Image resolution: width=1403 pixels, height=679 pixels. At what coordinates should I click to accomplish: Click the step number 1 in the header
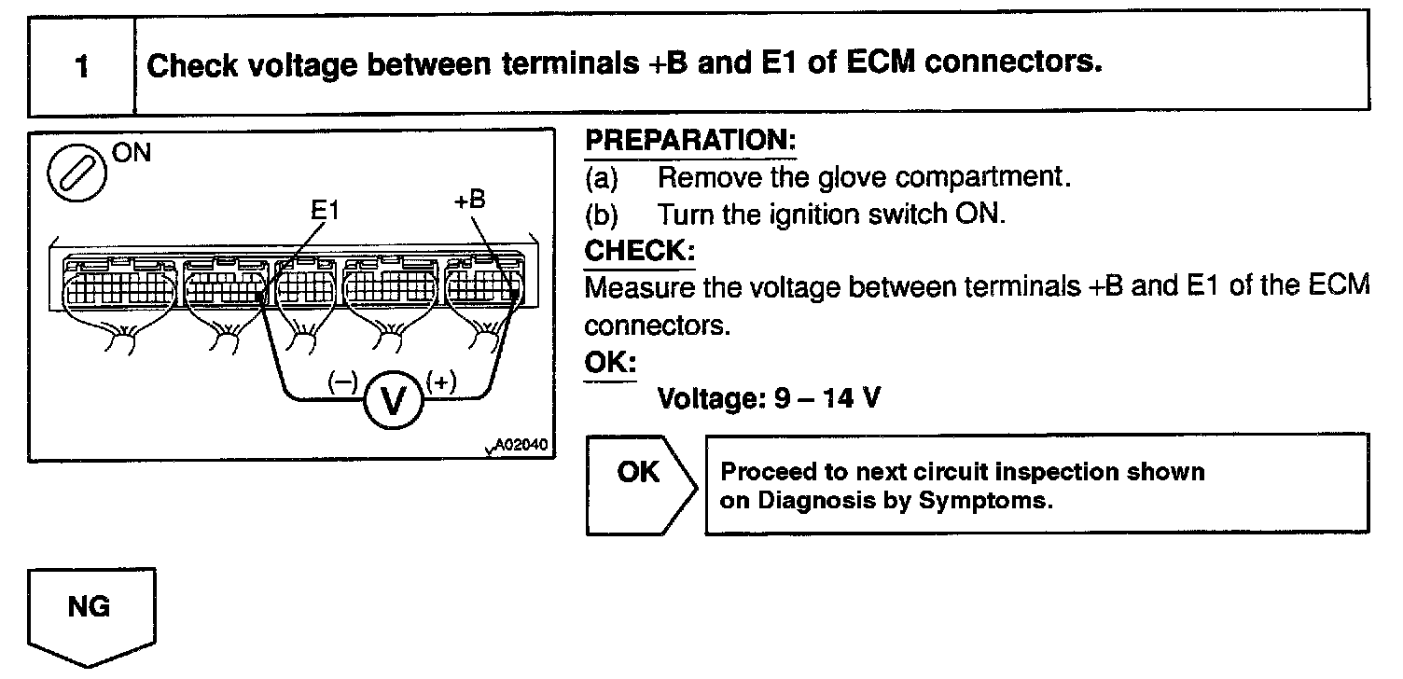point(82,68)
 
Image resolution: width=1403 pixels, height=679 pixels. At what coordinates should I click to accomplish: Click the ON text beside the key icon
point(131,152)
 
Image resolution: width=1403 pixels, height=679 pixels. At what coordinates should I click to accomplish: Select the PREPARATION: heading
point(690,142)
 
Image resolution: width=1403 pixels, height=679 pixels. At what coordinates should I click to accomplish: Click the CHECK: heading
point(639,251)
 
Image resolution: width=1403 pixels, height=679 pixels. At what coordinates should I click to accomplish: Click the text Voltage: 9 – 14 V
point(769,398)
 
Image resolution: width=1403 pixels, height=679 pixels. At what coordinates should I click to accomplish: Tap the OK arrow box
point(639,484)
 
